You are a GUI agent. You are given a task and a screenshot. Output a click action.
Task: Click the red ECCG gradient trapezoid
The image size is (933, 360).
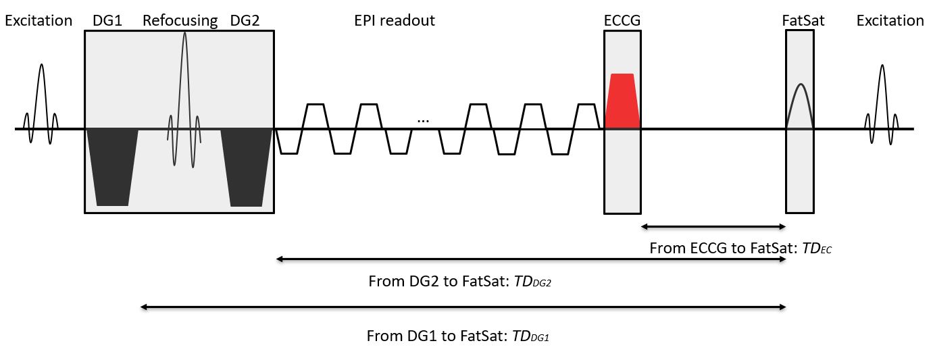(x=622, y=101)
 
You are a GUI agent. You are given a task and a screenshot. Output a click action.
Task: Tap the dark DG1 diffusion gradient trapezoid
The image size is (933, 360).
(x=112, y=165)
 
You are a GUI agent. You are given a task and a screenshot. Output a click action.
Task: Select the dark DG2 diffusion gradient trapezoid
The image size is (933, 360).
(x=247, y=165)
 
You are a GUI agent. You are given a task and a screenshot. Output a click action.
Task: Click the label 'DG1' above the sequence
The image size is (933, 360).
(x=107, y=21)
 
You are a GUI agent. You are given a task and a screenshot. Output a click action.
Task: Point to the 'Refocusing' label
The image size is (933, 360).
(x=180, y=21)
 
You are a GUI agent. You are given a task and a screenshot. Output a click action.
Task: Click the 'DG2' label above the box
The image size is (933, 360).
(x=245, y=21)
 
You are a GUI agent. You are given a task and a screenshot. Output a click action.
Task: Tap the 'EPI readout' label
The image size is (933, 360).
(x=395, y=21)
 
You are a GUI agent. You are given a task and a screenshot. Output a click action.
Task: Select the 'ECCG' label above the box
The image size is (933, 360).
(x=622, y=21)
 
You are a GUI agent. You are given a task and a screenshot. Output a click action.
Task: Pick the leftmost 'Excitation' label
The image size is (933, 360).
(x=39, y=21)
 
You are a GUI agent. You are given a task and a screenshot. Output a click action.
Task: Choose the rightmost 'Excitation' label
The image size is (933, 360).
(x=890, y=21)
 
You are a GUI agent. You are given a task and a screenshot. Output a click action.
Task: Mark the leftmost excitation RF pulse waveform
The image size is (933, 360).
(x=41, y=101)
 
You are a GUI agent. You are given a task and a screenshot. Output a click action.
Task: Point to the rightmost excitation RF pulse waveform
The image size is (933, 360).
(x=882, y=101)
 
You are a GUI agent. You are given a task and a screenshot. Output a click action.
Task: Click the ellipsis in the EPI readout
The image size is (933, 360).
(x=424, y=120)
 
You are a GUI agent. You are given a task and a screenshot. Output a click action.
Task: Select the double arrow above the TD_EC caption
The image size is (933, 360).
(x=713, y=226)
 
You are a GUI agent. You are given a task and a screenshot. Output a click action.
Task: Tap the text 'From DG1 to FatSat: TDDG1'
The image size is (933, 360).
(x=457, y=336)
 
